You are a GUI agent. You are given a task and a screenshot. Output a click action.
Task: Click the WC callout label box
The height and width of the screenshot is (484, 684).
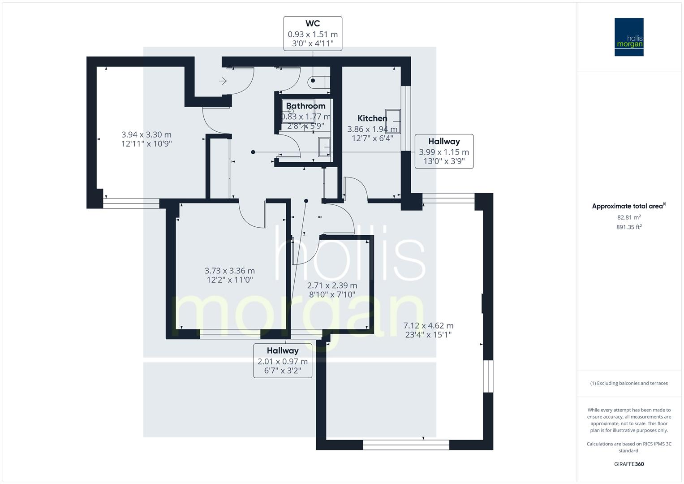[x=313, y=34]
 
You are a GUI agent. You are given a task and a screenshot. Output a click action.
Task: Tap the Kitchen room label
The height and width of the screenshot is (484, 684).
[x=372, y=118]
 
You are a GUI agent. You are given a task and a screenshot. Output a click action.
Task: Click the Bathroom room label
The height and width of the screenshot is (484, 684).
[x=305, y=106]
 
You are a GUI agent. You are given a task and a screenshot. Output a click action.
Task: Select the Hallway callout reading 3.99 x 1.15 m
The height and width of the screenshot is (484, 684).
[x=444, y=151]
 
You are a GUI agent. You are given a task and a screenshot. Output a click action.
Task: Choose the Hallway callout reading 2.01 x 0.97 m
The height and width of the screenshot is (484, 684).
[x=283, y=361]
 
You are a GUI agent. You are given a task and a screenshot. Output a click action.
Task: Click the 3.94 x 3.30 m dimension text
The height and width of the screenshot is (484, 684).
[x=146, y=139]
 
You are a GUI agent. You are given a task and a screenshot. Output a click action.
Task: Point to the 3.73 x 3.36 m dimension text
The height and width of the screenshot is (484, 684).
[x=229, y=275]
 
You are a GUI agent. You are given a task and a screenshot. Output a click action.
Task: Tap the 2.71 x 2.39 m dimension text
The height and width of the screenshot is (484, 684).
[x=332, y=290]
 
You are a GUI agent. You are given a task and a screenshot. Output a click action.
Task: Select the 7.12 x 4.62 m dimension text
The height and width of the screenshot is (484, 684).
[x=428, y=330]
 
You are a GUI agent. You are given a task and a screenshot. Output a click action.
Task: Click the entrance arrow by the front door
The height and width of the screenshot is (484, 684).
[x=223, y=81]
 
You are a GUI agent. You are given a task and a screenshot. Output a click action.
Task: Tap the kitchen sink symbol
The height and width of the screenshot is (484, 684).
[x=393, y=121]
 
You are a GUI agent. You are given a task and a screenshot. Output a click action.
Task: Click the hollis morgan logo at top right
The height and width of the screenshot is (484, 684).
[x=629, y=37]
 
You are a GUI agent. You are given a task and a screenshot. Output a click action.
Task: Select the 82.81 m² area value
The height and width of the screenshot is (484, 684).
[x=629, y=217]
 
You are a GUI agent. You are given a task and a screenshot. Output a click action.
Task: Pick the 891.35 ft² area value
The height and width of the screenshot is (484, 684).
[x=629, y=227]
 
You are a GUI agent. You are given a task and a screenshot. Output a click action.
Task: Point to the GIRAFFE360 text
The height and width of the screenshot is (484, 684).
[x=629, y=464]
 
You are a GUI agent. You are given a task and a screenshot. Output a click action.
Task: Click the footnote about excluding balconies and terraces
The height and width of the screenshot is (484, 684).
[x=629, y=383]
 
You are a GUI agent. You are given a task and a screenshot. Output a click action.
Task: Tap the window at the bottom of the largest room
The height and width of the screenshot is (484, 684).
[x=406, y=445]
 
